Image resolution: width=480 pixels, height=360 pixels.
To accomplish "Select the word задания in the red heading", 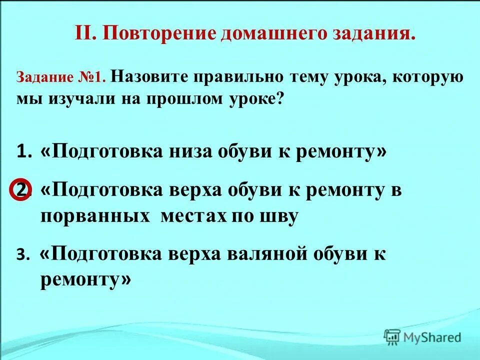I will tap(372, 34).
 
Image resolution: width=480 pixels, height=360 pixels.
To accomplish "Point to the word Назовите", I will tap(149, 77).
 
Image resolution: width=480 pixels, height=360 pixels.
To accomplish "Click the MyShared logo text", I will tap(432, 337).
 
